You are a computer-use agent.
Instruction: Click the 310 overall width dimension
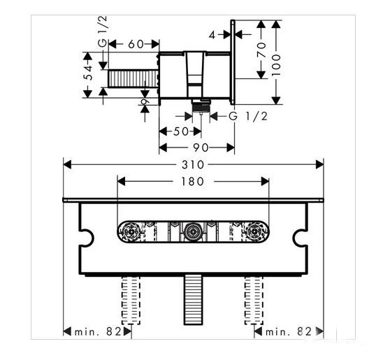coord(193,165)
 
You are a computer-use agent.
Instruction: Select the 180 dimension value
coord(193,182)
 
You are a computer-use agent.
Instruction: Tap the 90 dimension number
coord(201,147)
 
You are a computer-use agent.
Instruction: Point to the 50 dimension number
coord(181,131)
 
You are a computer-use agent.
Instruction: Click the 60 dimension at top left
coord(136,44)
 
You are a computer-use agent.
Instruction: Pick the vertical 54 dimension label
coord(89,73)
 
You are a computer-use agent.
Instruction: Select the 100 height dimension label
coord(276,65)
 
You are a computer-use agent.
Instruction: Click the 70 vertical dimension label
coord(261,50)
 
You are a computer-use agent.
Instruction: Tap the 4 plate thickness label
coord(212,35)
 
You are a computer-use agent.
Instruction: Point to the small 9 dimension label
coord(145,101)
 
